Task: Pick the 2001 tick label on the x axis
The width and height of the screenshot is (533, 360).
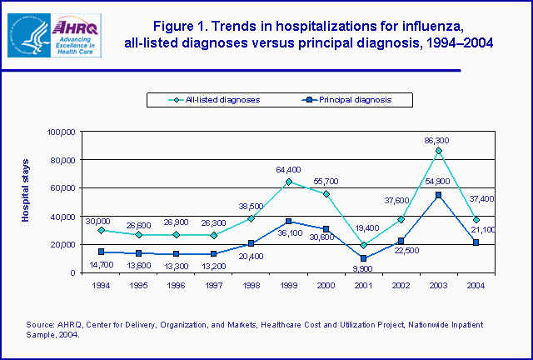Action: click(363, 283)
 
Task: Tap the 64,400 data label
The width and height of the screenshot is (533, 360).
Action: click(289, 170)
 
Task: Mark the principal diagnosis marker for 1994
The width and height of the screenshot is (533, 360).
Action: click(101, 252)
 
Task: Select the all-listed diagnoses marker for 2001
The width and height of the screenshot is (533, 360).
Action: click(363, 245)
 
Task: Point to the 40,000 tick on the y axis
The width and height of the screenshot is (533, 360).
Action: click(62, 217)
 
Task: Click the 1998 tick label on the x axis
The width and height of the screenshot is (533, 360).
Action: click(251, 283)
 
